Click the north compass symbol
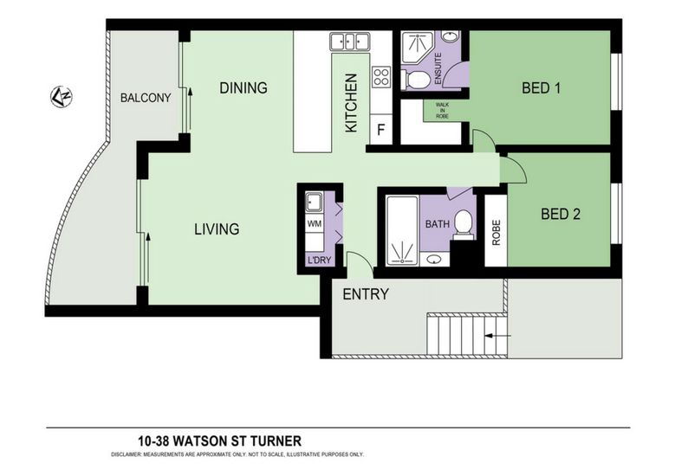(x=62, y=97)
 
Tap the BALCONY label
(x=146, y=98)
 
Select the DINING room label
(x=243, y=87)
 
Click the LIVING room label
(x=217, y=228)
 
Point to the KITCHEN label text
(x=351, y=103)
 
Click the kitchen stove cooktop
(x=381, y=77)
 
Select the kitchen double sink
(x=350, y=42)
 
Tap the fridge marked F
(x=381, y=130)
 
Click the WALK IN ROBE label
(x=442, y=111)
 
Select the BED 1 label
(x=541, y=88)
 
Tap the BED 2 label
(x=561, y=214)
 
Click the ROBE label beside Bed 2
(x=497, y=233)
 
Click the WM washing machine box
(x=315, y=223)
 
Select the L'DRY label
(x=319, y=261)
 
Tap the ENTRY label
(x=366, y=294)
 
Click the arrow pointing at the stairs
(x=497, y=336)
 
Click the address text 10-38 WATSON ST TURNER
(x=219, y=441)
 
